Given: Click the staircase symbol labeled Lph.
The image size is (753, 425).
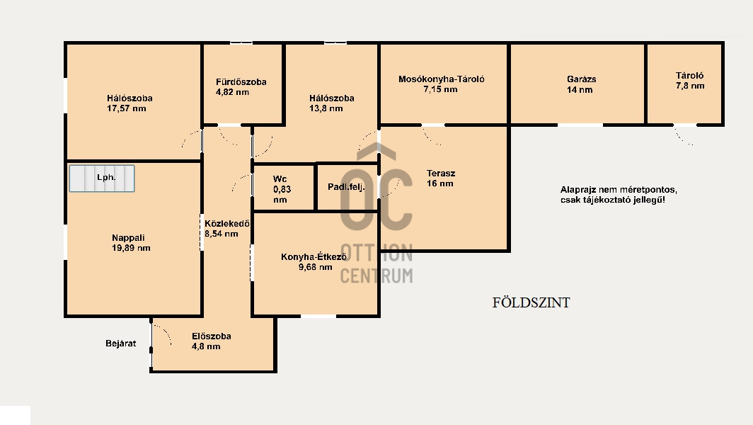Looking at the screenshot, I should tap(102, 178).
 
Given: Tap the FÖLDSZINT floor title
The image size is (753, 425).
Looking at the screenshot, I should tap(531, 303).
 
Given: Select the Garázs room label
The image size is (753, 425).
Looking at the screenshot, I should tap(581, 79).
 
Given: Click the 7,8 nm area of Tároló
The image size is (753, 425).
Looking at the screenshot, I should tap(689, 86).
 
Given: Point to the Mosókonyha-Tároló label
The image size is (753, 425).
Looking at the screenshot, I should tap(442, 79).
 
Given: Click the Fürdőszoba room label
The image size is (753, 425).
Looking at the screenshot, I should tap(241, 82).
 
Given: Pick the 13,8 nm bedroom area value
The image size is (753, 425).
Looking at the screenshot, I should tap(326, 108).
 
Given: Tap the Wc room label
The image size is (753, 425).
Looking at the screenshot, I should tap(280, 179).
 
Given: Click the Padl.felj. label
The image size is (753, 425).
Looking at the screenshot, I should tap(346, 187).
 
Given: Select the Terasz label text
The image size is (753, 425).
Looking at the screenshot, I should tap(441, 173).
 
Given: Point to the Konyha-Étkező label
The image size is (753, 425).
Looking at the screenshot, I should tap(314, 257).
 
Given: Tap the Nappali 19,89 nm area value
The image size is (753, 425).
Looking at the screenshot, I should tap(131, 248).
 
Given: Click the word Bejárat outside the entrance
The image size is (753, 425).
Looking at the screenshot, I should tap(120, 344).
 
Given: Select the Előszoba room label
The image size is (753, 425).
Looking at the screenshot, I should tap(211, 336).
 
